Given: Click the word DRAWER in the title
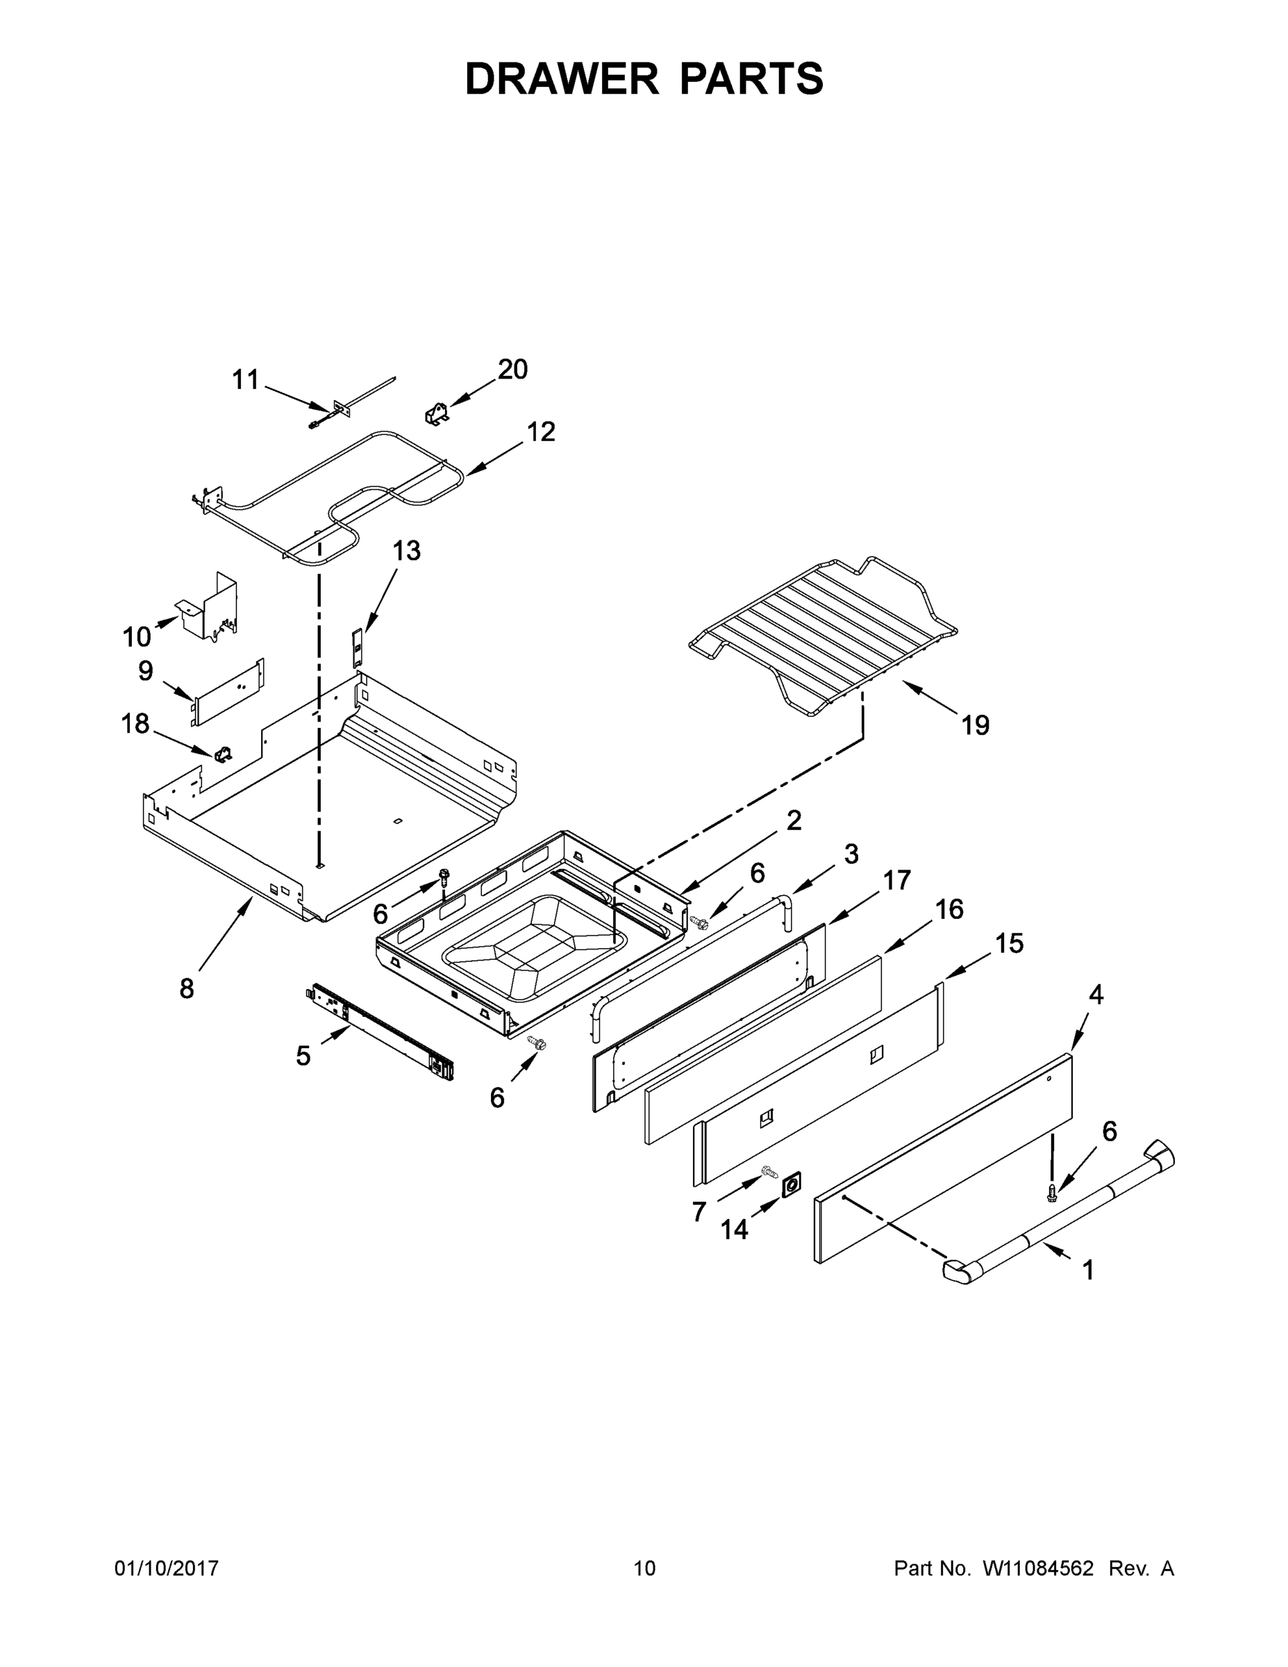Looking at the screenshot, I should (561, 79).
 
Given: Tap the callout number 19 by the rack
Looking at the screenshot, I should (975, 724).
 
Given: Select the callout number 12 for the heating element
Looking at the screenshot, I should (541, 432).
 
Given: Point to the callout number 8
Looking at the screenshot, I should (187, 988).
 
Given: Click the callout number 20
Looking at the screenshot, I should (512, 370).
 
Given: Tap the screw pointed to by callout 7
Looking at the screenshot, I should (769, 1170).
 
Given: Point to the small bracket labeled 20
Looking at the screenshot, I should (437, 415).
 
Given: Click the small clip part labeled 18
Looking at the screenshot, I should (224, 754).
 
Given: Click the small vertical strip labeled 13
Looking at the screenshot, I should (356, 647).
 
